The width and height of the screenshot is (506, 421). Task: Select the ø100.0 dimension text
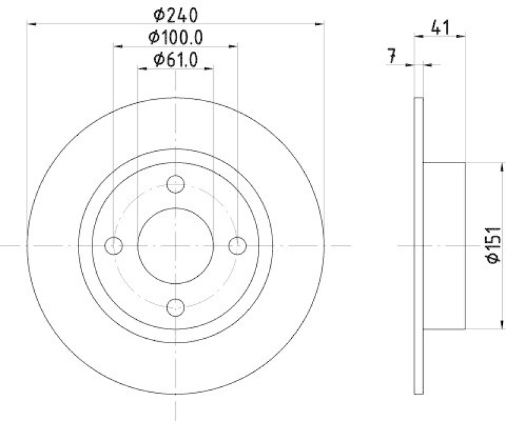175,37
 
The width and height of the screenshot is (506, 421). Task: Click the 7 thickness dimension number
392,56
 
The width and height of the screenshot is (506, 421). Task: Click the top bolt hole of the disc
175,184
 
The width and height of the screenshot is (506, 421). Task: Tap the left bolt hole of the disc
114,245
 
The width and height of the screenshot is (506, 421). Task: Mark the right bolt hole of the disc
237,245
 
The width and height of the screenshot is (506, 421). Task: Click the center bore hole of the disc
175,245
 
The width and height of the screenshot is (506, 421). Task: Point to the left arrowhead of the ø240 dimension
31,23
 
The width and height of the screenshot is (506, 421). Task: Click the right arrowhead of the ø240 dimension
319,23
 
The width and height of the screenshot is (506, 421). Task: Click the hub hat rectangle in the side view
443,245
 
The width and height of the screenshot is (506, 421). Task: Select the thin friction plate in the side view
417,245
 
